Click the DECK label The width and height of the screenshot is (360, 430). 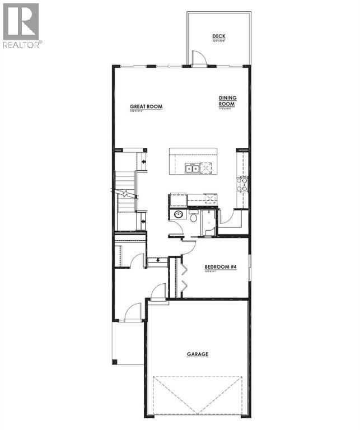coord(218,36)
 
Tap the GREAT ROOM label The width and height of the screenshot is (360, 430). coord(146,106)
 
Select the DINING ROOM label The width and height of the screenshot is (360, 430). coord(227,101)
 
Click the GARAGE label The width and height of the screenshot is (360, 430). coord(197,354)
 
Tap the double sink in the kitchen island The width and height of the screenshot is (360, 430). coord(192,167)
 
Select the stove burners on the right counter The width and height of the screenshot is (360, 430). coord(244,185)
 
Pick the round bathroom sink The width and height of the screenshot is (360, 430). coord(178,215)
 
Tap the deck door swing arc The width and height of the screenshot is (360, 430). coord(199,58)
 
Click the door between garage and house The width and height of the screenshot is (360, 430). coord(158,292)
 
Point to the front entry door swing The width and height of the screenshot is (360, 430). coord(133,312)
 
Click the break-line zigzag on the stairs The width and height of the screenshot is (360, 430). coord(126,194)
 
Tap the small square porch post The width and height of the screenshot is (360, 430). coord(115,362)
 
